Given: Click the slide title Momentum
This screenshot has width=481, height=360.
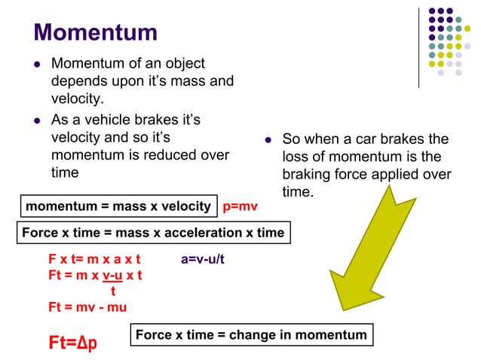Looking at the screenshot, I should point(96,32).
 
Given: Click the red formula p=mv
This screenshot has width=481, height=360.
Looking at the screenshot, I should point(240,206).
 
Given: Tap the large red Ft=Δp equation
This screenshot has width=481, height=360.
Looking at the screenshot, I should point(73,343).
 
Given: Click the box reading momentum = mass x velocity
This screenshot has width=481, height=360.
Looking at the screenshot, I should point(118,206).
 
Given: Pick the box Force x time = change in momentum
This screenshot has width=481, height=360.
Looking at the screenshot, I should point(251,335).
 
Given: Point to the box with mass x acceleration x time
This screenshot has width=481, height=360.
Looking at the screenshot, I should point(153,233).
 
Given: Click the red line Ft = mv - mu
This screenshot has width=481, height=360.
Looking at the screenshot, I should point(87,307).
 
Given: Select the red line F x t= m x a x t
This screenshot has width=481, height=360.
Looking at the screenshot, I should point(95,260).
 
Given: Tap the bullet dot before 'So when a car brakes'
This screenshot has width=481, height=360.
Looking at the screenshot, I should point(268,139).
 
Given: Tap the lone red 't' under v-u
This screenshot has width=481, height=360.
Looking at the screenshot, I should point(113,291).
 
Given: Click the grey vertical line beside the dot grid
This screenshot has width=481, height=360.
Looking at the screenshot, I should point(419,47).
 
